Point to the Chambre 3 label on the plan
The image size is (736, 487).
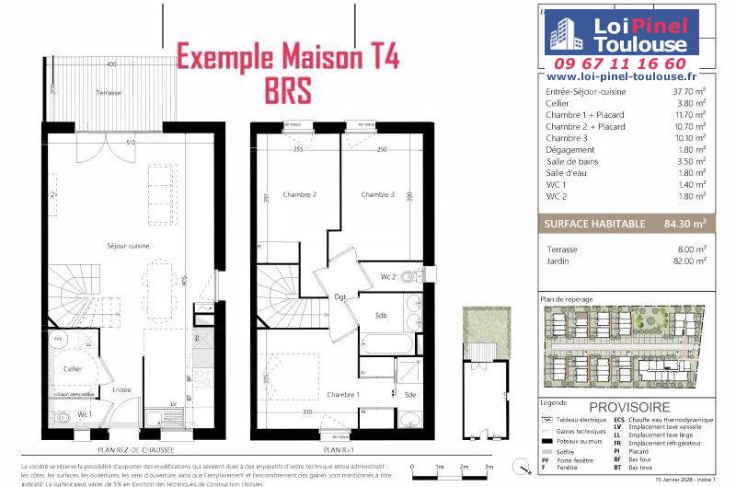[x=377, y=194]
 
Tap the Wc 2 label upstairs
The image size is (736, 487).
[x=388, y=277]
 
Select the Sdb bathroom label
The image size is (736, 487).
[x=380, y=315]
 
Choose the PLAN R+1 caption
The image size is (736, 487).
[x=339, y=450]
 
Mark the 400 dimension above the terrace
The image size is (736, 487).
[x=110, y=65]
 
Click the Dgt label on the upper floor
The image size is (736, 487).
[x=339, y=296]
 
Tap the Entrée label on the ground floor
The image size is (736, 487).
[x=121, y=390]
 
